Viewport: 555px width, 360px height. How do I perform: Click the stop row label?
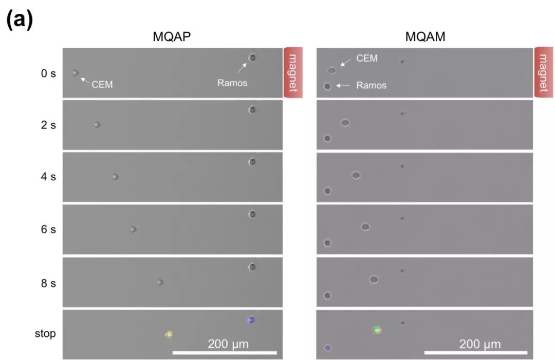(45, 334)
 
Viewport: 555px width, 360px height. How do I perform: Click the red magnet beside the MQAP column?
(292, 72)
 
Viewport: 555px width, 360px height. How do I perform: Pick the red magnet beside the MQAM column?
(544, 72)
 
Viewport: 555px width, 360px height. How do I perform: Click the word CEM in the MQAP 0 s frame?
(102, 84)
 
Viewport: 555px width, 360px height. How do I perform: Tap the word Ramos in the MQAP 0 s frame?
(232, 83)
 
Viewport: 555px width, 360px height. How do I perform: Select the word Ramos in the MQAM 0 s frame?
(371, 86)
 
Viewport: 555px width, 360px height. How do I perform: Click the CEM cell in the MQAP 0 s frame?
(76, 73)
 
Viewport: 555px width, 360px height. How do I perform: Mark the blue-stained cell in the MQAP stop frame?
(251, 320)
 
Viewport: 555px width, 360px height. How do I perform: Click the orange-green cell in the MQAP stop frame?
(169, 334)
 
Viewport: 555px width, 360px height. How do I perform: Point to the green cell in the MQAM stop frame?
(377, 330)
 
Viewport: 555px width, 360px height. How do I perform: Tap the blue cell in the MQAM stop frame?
(327, 348)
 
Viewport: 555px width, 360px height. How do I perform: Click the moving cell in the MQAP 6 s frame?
(133, 230)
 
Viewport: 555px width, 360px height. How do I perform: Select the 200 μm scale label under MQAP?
(228, 344)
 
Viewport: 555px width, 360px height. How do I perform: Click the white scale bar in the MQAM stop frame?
(476, 353)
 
